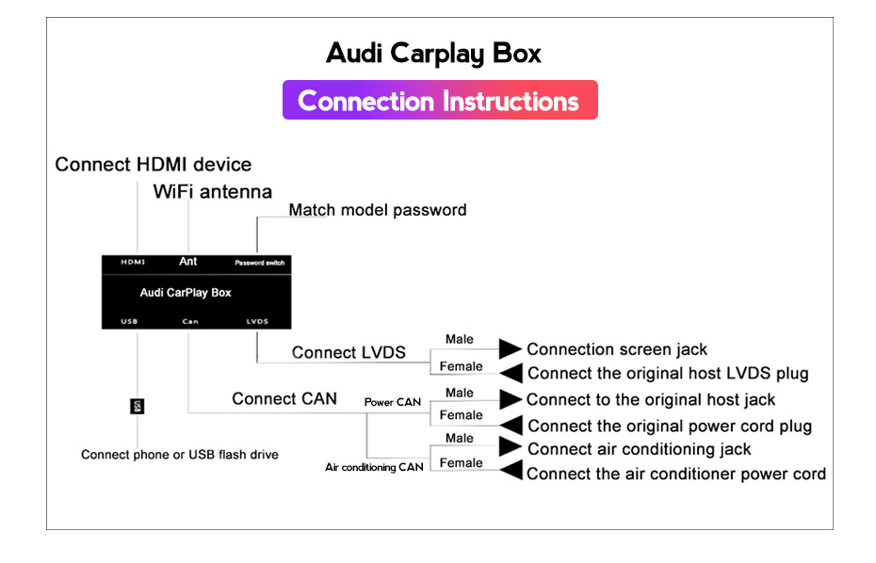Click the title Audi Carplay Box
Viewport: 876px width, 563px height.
[433, 55]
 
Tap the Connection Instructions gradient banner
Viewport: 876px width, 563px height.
[440, 100]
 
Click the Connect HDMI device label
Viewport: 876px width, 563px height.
[154, 165]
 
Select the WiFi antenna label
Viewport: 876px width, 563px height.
[212, 191]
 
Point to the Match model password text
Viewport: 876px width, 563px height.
[378, 210]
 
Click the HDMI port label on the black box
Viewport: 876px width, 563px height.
[133, 262]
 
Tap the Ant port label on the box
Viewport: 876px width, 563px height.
[188, 262]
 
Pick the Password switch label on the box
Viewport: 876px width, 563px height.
[260, 263]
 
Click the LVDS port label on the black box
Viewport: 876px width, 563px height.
[257, 321]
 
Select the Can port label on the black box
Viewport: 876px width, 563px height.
[190, 321]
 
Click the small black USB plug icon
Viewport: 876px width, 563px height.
[137, 406]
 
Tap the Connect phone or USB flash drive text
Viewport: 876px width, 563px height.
[180, 455]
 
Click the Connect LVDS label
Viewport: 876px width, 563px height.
[349, 352]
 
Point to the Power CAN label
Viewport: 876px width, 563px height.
[393, 402]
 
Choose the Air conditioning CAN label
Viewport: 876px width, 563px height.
[374, 467]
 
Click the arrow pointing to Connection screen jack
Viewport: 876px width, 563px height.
[511, 348]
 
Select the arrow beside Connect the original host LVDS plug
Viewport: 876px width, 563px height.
[511, 373]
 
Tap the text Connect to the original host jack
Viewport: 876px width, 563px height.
[651, 400]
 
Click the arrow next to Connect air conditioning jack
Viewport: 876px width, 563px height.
[511, 446]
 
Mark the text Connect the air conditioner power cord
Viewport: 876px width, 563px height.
[676, 474]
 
